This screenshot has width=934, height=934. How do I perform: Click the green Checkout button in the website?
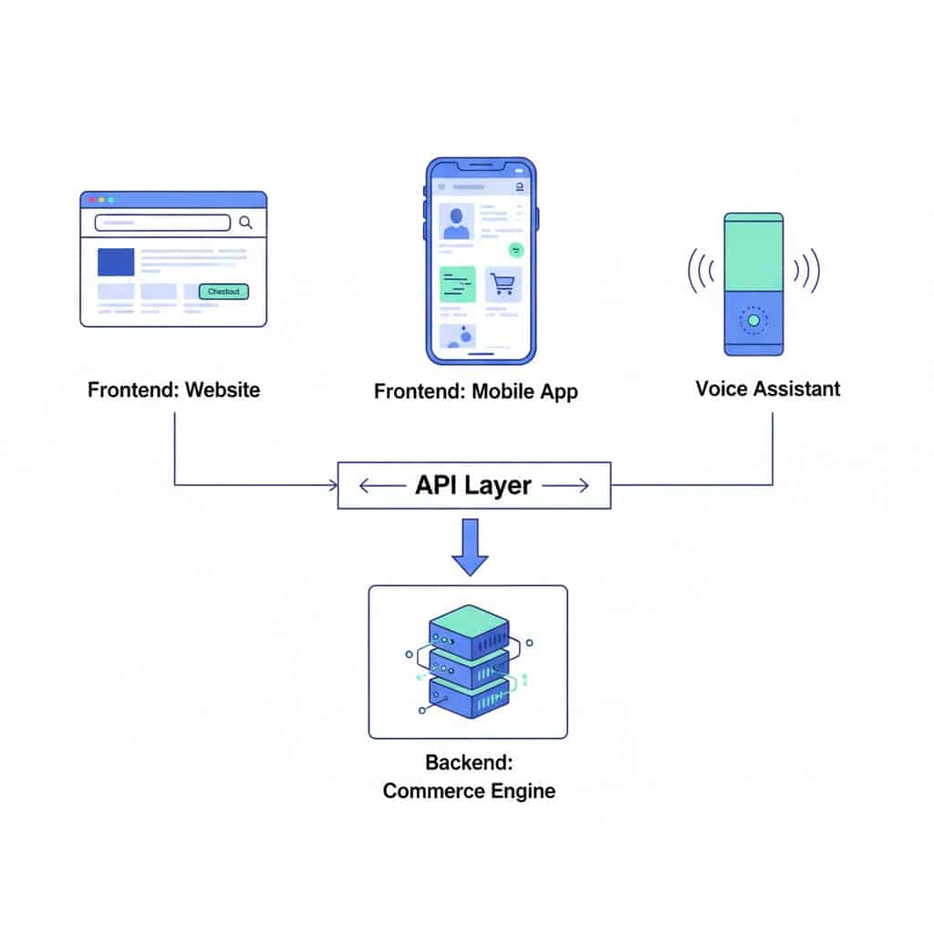click(x=223, y=292)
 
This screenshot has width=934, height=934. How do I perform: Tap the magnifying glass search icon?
click(x=245, y=222)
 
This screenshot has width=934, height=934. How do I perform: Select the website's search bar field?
click(x=162, y=223)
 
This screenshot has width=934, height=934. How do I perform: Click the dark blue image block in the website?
click(x=116, y=262)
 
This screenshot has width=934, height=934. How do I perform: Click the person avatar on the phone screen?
click(x=456, y=223)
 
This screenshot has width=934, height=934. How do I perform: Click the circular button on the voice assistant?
click(x=753, y=321)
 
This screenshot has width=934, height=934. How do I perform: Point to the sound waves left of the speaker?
click(x=700, y=271)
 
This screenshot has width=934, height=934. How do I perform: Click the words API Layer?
click(x=472, y=485)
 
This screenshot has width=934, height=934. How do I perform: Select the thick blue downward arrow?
click(x=471, y=546)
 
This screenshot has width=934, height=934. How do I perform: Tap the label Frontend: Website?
click(x=173, y=390)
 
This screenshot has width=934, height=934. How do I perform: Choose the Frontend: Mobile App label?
click(x=475, y=392)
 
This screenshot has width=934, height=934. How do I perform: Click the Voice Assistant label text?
click(x=767, y=389)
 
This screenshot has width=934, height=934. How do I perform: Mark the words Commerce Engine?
click(x=468, y=791)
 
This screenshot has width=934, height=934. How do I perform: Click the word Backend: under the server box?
click(x=468, y=762)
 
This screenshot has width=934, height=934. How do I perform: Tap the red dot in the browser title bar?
click(x=91, y=200)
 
